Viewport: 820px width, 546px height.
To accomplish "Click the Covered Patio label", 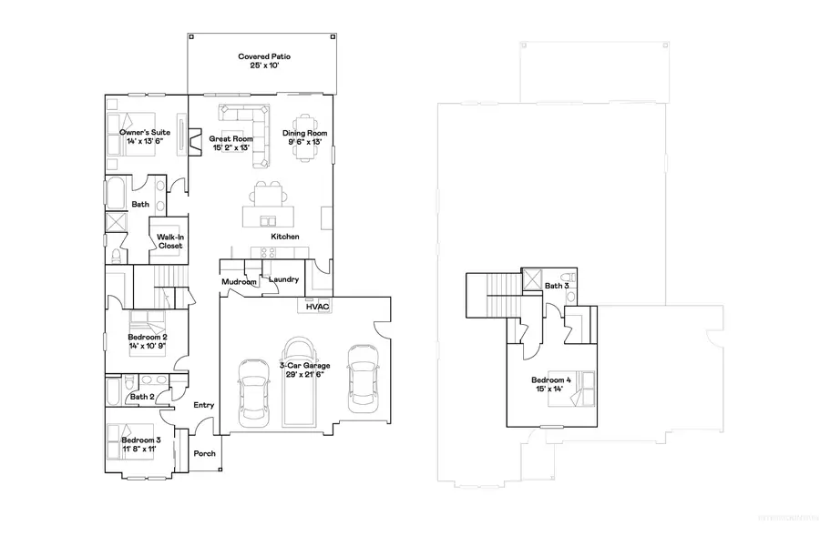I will [264, 56].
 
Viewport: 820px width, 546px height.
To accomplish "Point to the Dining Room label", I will [304, 133].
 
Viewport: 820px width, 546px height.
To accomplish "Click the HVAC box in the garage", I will [317, 308].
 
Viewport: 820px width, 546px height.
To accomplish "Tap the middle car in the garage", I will [299, 380].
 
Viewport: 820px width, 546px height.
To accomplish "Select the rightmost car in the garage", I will [362, 376].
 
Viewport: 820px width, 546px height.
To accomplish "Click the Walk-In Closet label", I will [170, 240].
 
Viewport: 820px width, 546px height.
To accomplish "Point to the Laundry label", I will [283, 279].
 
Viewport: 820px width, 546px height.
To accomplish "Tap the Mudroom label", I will [240, 282].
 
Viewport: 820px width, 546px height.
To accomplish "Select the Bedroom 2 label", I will [147, 337].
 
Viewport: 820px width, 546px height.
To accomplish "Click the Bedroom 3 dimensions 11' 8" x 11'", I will [138, 449].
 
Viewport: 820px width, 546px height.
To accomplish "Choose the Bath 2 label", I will [140, 397].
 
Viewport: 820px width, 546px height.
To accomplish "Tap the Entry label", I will [203, 405].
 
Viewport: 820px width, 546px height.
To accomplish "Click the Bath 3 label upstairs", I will [557, 286].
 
